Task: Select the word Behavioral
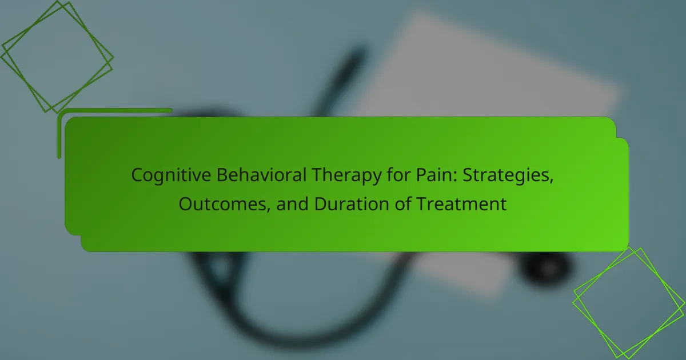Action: [x=262, y=175]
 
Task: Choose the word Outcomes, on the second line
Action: [x=225, y=204]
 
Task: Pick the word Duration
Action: [x=352, y=203]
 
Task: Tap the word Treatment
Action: [x=461, y=204]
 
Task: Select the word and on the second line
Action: [x=292, y=203]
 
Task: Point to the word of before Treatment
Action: [x=402, y=203]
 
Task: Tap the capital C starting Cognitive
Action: [x=138, y=175]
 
